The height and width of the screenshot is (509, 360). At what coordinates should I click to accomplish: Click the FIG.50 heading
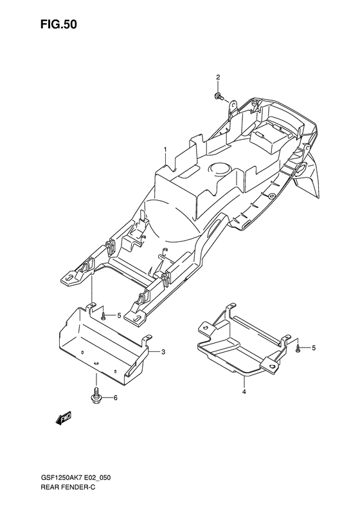[x=59, y=25]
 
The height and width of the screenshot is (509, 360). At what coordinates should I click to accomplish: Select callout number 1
[x=165, y=149]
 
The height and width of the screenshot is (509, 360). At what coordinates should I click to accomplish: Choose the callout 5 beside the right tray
[x=313, y=348]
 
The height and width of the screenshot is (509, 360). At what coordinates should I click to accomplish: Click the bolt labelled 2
[x=218, y=96]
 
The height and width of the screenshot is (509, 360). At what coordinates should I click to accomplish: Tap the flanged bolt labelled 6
[x=94, y=395]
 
